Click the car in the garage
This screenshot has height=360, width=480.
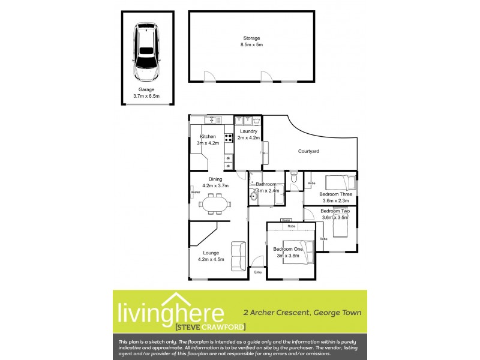147,53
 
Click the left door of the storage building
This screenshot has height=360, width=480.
208,76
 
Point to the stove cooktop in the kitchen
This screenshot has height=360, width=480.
229,139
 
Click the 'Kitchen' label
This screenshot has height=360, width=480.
208,137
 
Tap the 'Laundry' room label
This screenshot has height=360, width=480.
248,131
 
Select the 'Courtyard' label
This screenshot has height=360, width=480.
308,151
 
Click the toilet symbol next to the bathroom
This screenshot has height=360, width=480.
293,178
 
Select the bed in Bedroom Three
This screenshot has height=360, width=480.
340,181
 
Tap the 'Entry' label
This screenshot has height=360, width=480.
258,272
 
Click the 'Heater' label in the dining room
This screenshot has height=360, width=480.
195,192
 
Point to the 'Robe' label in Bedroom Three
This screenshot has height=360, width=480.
311,183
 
